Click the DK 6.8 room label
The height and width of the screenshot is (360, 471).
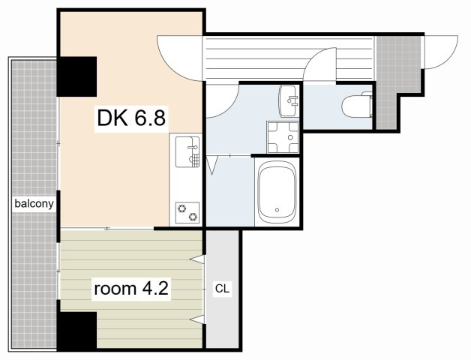pyautogui.click(x=131, y=118)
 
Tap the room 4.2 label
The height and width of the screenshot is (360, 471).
pyautogui.click(x=131, y=289)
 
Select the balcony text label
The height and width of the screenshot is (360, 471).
pyautogui.click(x=34, y=204)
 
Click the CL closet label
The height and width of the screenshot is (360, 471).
pyautogui.click(x=222, y=289)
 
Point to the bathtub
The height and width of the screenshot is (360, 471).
pyautogui.click(x=277, y=192)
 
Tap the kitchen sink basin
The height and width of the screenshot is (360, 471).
pyautogui.click(x=187, y=152)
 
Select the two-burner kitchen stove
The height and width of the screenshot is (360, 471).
pyautogui.click(x=187, y=212)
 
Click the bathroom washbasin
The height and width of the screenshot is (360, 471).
pyautogui.click(x=288, y=101)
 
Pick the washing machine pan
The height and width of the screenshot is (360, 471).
pyautogui.click(x=283, y=137)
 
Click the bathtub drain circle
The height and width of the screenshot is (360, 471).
pyautogui.click(x=277, y=210)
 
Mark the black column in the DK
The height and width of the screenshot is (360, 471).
pyautogui.click(x=77, y=76)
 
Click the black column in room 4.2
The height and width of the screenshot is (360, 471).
pyautogui.click(x=77, y=331)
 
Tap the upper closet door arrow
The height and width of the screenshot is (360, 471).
pyautogui.click(x=197, y=259)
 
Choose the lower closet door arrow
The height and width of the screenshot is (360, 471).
pyautogui.click(x=197, y=319)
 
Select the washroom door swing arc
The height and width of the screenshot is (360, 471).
pyautogui.click(x=229, y=109)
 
